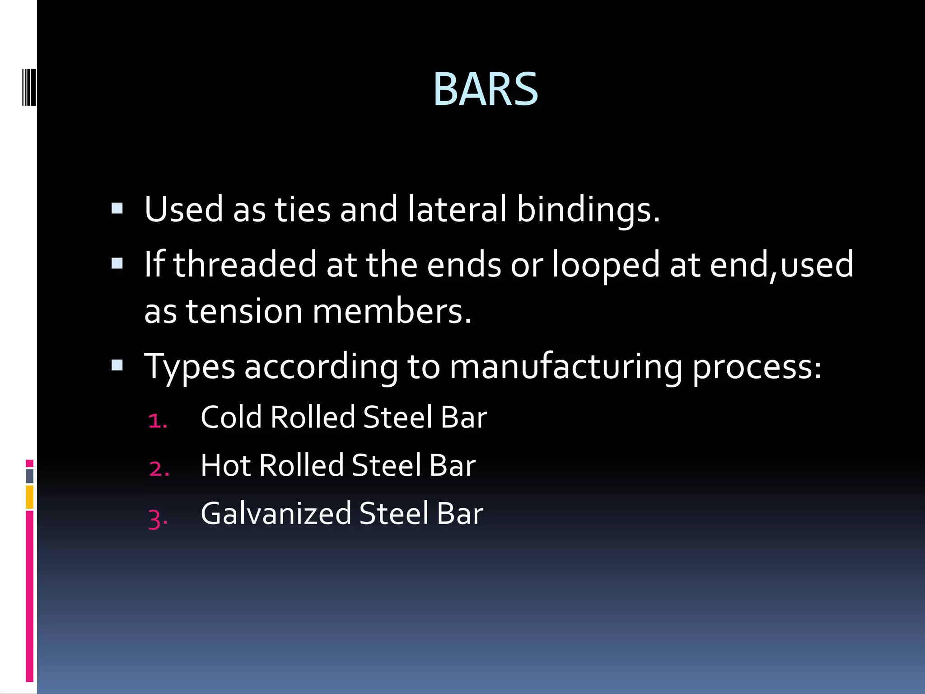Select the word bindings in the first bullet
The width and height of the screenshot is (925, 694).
(587, 210)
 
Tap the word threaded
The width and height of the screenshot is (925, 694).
(244, 264)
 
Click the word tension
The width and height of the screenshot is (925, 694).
(244, 312)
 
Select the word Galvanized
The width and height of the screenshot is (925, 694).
(276, 514)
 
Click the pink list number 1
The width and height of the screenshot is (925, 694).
(157, 421)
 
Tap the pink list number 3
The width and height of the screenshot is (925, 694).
(158, 519)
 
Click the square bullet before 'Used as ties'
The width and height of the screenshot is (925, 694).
(117, 208)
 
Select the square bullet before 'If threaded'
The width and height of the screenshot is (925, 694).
(117, 263)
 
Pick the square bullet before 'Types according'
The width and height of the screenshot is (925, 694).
(117, 365)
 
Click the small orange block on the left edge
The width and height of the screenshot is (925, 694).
(29, 497)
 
